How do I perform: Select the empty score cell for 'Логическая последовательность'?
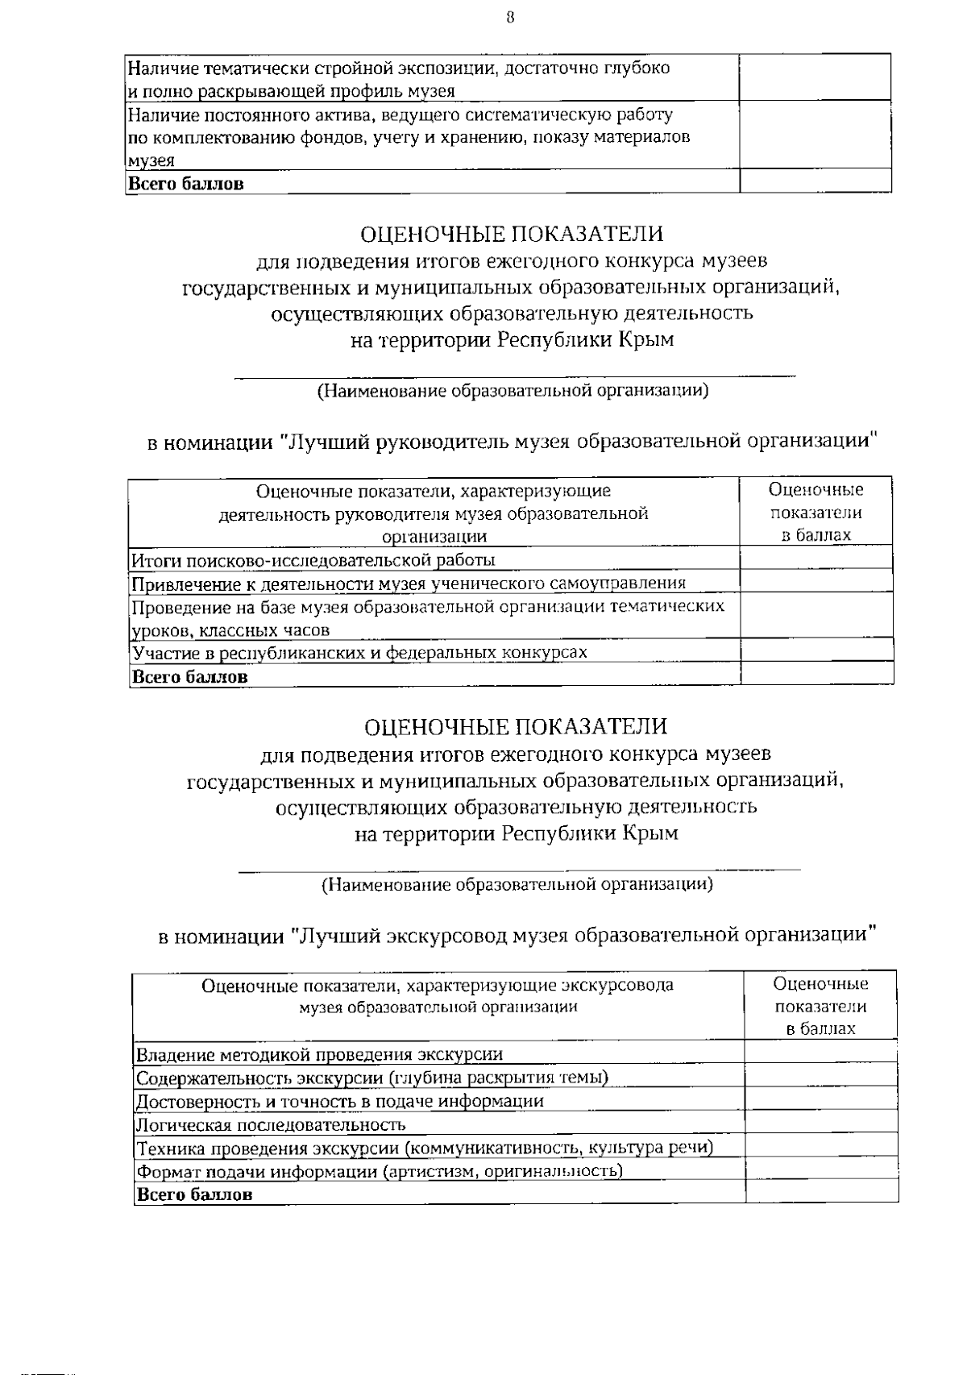820,1123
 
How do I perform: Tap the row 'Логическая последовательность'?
271,1124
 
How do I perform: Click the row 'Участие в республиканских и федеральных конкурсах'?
359,652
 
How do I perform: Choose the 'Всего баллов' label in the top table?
186,183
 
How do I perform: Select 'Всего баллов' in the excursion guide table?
194,1194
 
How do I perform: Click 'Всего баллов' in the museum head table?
189,676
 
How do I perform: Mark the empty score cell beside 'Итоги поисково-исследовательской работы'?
816,558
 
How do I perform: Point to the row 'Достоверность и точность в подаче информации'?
339,1101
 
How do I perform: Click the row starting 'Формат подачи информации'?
379,1171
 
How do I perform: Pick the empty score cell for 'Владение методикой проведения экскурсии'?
820,1052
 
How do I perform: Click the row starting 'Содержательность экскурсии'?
371,1078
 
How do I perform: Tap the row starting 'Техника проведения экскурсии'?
424,1148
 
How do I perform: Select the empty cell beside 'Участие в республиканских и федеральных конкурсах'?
816,650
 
